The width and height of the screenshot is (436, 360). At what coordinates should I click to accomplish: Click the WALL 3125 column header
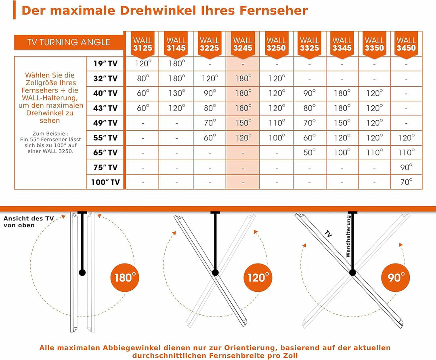143,44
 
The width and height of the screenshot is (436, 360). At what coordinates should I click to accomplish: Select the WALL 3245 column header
243,44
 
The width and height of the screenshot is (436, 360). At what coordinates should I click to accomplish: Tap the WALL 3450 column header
406,44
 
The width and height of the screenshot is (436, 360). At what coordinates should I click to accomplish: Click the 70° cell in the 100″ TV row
406,182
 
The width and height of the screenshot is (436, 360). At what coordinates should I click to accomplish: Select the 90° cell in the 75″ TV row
406,167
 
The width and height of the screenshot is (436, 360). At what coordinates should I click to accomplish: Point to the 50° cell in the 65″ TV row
310,153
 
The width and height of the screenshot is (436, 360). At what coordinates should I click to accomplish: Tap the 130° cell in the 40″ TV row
176,93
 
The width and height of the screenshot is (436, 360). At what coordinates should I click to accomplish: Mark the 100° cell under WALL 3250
276,138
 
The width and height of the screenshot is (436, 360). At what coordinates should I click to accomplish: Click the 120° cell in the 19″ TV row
143,64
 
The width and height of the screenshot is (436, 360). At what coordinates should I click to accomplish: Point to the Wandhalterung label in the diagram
348,236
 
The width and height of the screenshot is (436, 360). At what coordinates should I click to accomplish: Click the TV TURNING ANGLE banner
68,42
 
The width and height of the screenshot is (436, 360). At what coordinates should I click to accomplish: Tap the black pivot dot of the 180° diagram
82,272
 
